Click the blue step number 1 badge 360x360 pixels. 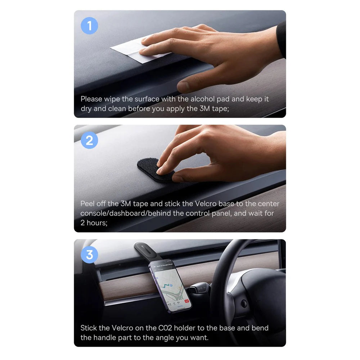[x=89, y=26]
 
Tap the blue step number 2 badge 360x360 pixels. [x=89, y=140]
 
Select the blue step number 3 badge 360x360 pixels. [x=89, y=255]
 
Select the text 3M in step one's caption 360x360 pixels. [x=205, y=108]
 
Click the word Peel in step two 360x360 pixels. [x=87, y=204]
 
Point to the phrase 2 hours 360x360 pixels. [x=93, y=223]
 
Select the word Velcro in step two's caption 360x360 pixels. [x=206, y=204]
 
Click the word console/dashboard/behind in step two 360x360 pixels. [x=126, y=213]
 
